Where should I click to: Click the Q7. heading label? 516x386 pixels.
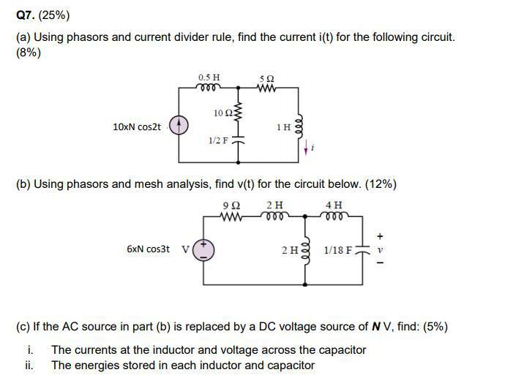(x=26, y=15)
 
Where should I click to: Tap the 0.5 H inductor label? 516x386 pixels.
(x=209, y=77)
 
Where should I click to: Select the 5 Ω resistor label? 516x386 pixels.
(x=267, y=77)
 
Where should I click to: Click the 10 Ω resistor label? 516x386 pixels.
(x=223, y=113)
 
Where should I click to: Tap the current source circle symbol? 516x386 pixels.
(x=179, y=126)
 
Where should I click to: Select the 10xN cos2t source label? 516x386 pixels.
(x=137, y=127)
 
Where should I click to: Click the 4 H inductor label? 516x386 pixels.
(x=333, y=205)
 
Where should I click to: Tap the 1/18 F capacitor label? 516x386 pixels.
(x=337, y=250)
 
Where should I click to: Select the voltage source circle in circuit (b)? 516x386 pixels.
(x=203, y=250)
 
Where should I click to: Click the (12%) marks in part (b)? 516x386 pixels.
(x=381, y=184)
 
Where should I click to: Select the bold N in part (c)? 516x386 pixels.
(x=376, y=327)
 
